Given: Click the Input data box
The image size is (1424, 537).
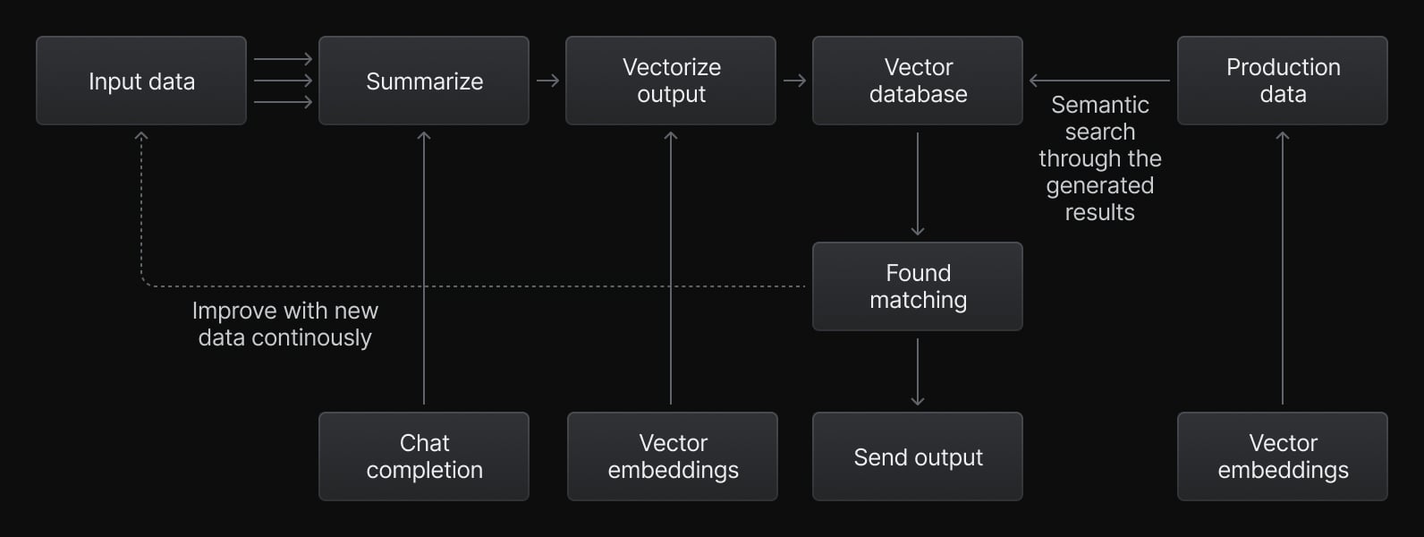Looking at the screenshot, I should pos(141,81).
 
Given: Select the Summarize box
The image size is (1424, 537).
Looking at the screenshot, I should pos(424,81).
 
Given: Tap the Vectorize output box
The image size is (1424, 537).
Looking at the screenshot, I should pos(671,81).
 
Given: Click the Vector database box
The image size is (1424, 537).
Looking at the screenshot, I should pos(918,81).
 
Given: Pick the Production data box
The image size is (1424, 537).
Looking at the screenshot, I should pos(1283,81).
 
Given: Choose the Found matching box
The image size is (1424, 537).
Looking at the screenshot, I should pos(918,286).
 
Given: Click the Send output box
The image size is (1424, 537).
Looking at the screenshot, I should pos(918,456).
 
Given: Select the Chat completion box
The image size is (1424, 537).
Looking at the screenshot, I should pos(424,456).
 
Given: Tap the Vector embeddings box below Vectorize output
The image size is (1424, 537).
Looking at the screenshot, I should pos(673,456).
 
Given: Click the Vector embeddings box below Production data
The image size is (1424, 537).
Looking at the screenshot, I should pos(1283,456).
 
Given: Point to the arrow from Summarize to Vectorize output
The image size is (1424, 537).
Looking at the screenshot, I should pos(548,81).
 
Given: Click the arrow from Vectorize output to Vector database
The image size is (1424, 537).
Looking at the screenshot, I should pos(794,81).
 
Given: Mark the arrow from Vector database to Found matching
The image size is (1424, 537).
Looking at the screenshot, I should pos(918,184).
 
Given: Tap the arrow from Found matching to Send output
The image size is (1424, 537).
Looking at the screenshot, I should pos(918,371).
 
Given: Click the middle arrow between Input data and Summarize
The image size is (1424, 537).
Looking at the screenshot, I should pos(283,81).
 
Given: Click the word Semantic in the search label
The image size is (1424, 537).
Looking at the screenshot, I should pos(1099,105).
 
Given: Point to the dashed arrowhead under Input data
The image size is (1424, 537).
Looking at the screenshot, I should pos(141,136).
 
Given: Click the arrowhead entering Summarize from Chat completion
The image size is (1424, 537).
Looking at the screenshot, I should pos(424,136).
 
